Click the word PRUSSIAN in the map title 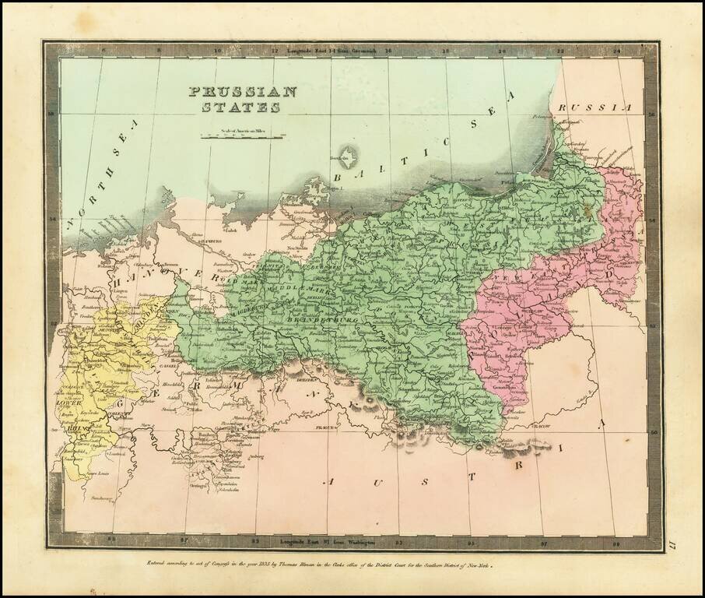243,91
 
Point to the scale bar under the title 242,136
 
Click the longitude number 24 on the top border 617,51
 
